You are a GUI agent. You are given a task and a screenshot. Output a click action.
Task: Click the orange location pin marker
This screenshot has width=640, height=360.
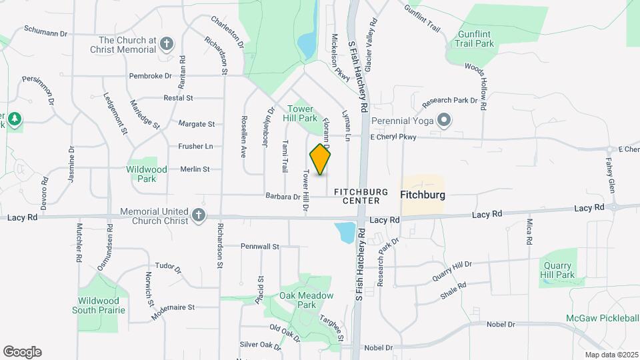pos(321,159)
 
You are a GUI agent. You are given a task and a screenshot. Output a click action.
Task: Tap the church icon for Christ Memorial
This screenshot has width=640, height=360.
pos(167,45)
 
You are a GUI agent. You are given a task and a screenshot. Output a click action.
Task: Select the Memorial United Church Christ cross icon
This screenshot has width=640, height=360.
pos(198,215)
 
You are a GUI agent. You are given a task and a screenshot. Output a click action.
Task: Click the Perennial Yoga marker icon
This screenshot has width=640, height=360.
pos(445,121)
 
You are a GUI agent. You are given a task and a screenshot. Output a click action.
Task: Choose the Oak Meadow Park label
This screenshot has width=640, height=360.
pos(297,300)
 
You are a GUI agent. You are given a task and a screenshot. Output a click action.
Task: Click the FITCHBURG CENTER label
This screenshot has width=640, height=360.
pos(361,195)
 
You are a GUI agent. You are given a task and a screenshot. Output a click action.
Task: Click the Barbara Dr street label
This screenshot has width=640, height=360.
pos(283,197)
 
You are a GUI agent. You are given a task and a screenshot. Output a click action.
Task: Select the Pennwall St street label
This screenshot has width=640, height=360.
pos(260,246)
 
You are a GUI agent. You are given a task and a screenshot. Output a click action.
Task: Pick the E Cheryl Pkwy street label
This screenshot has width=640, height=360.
pos(393,137)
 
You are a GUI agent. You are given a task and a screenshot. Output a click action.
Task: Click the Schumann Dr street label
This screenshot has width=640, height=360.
pos(46,32)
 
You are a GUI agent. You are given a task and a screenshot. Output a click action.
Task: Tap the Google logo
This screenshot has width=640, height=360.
pos(22,351)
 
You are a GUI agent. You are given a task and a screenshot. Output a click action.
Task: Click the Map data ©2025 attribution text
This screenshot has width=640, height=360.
pos(611,355)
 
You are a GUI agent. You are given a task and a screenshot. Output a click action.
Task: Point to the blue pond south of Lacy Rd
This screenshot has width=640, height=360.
pos(346,232)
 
